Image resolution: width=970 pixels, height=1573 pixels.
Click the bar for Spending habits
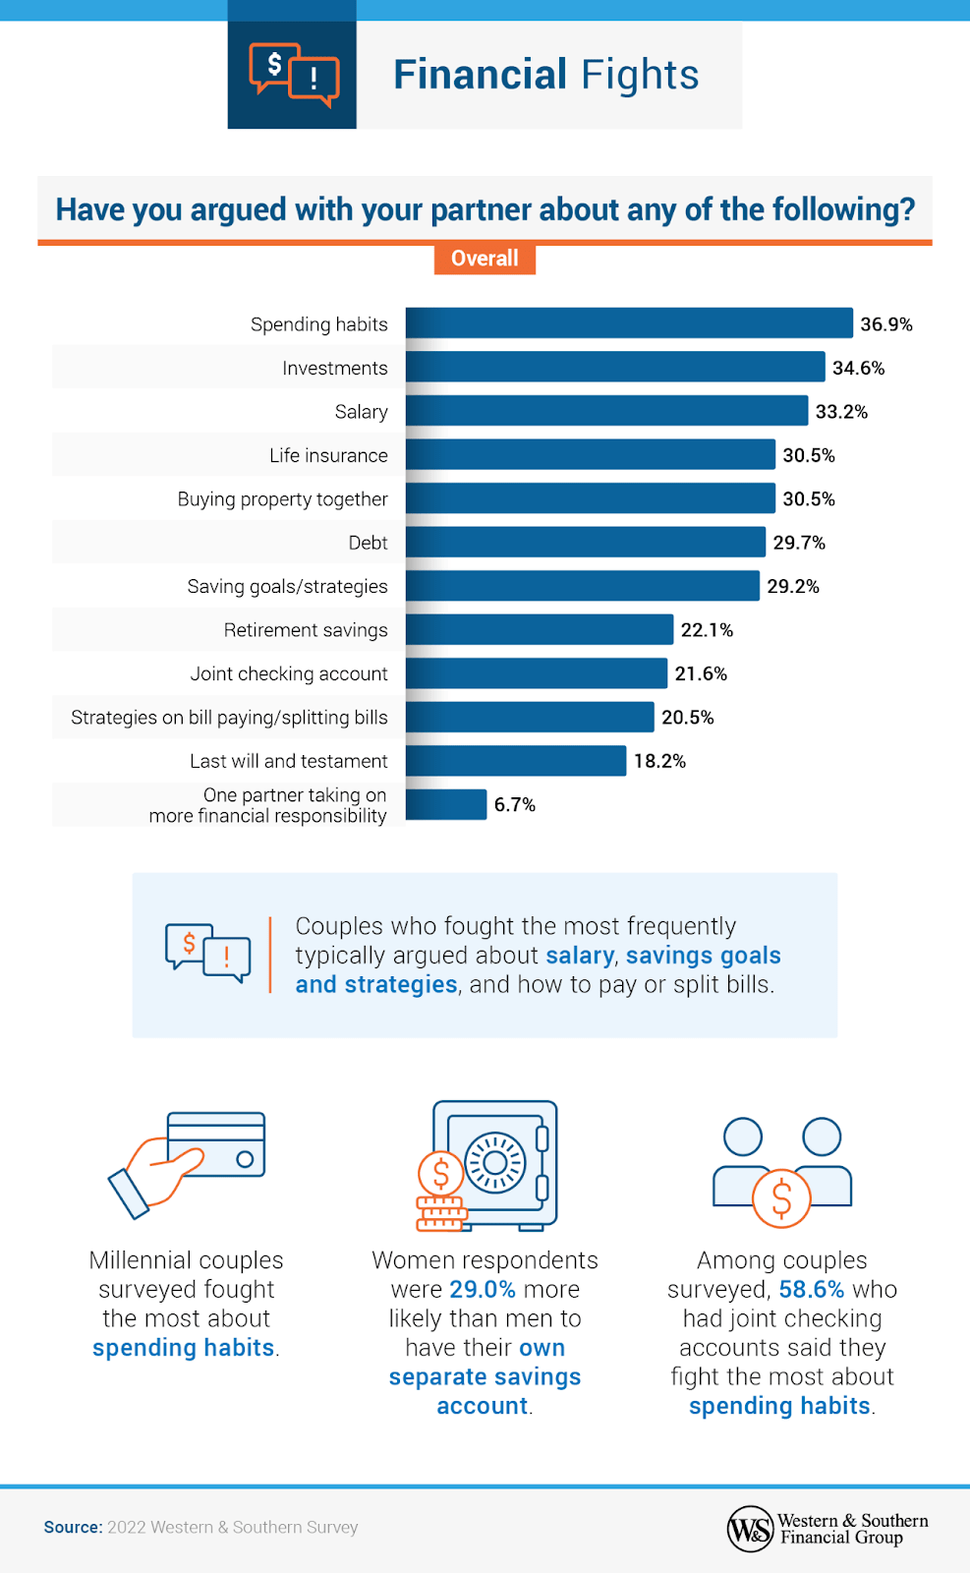[x=629, y=323]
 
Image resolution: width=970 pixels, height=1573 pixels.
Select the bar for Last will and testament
[x=516, y=761]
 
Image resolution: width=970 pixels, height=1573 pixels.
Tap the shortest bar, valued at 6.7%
[x=446, y=804]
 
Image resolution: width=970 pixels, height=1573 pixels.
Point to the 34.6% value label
[x=858, y=368]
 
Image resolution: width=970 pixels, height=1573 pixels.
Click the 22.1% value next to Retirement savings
[x=707, y=630]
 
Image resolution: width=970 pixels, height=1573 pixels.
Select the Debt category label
[x=368, y=543]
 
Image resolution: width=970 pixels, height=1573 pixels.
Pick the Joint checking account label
[x=289, y=673]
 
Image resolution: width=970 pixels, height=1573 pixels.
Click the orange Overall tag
[x=485, y=259]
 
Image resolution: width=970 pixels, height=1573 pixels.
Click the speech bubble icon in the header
[x=293, y=75]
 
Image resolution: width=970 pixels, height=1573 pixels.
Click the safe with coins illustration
[x=486, y=1165]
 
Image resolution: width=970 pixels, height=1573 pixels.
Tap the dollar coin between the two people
[x=781, y=1198]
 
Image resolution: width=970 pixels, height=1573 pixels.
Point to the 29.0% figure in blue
[x=482, y=1289]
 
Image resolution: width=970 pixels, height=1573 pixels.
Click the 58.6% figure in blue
[x=811, y=1289]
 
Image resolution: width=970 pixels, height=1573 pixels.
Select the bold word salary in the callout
[x=580, y=956]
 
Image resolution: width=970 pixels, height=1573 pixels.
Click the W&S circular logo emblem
[x=750, y=1529]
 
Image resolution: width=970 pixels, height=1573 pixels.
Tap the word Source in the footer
[x=73, y=1527]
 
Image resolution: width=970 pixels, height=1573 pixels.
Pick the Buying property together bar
[x=590, y=498]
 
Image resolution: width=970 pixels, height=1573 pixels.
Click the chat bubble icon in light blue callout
[x=207, y=953]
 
